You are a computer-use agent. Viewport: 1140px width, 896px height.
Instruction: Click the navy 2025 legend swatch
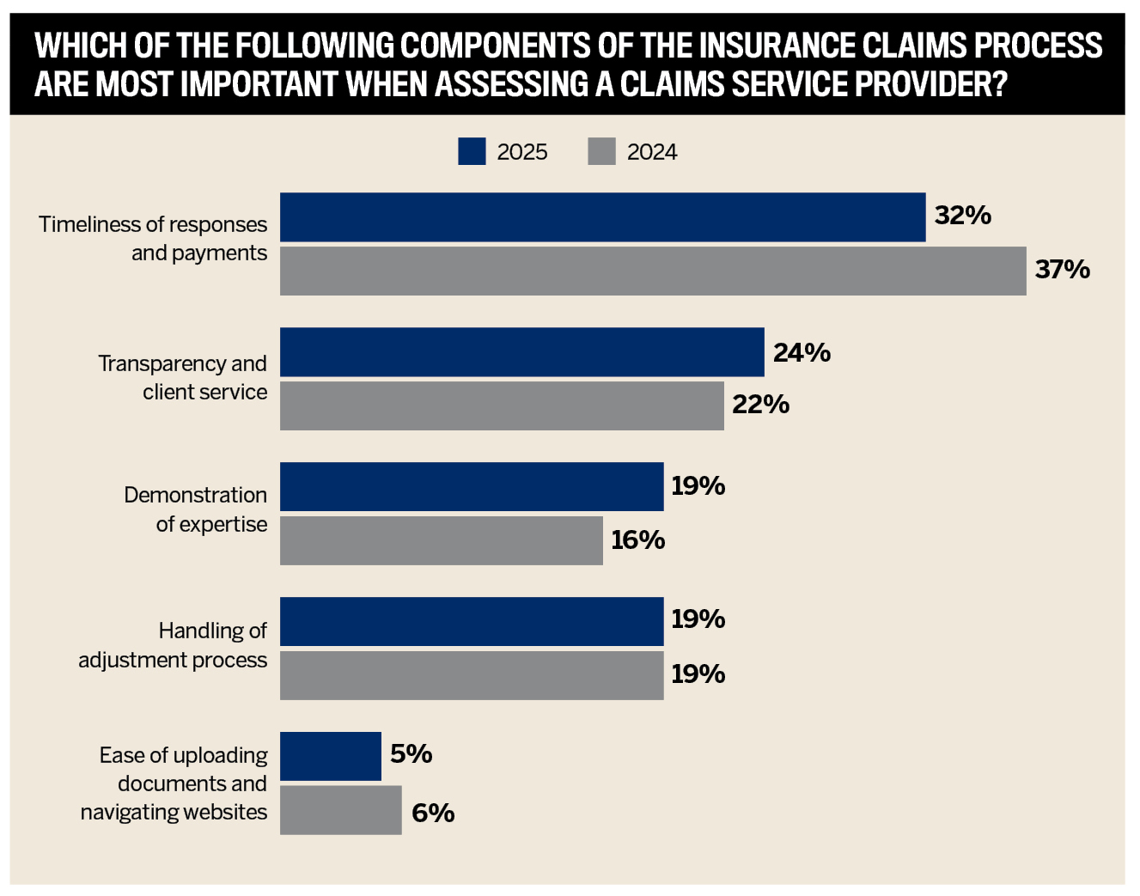pos(472,151)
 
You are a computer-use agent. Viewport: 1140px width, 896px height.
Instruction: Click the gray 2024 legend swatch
pos(601,151)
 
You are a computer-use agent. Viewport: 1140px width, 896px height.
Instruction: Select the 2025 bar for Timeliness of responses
pos(603,217)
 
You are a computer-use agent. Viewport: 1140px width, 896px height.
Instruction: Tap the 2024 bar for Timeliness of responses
pos(653,271)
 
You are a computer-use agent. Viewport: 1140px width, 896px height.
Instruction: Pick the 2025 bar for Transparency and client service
pos(522,352)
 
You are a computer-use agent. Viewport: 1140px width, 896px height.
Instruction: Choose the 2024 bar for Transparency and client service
pos(502,406)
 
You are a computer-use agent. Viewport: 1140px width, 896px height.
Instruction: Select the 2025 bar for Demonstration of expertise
pos(472,487)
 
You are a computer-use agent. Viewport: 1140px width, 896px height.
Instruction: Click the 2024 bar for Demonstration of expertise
pos(442,541)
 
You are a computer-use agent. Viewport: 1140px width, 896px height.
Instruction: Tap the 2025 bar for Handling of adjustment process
pos(472,622)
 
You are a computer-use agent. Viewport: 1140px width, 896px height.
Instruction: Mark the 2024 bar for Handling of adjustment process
pos(472,676)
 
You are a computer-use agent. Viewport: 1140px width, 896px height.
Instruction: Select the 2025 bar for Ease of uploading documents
pos(331,757)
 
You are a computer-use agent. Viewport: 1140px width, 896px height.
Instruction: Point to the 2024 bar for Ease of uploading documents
pos(341,810)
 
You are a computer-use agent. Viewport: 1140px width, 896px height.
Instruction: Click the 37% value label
pos(1063,269)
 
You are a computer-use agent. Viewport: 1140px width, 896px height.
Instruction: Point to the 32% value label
pos(963,215)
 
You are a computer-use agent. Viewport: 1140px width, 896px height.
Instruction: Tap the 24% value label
pos(802,352)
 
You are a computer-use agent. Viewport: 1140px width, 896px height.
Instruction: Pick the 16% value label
pos(638,539)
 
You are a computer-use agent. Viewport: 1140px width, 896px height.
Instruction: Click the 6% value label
pos(433,814)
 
